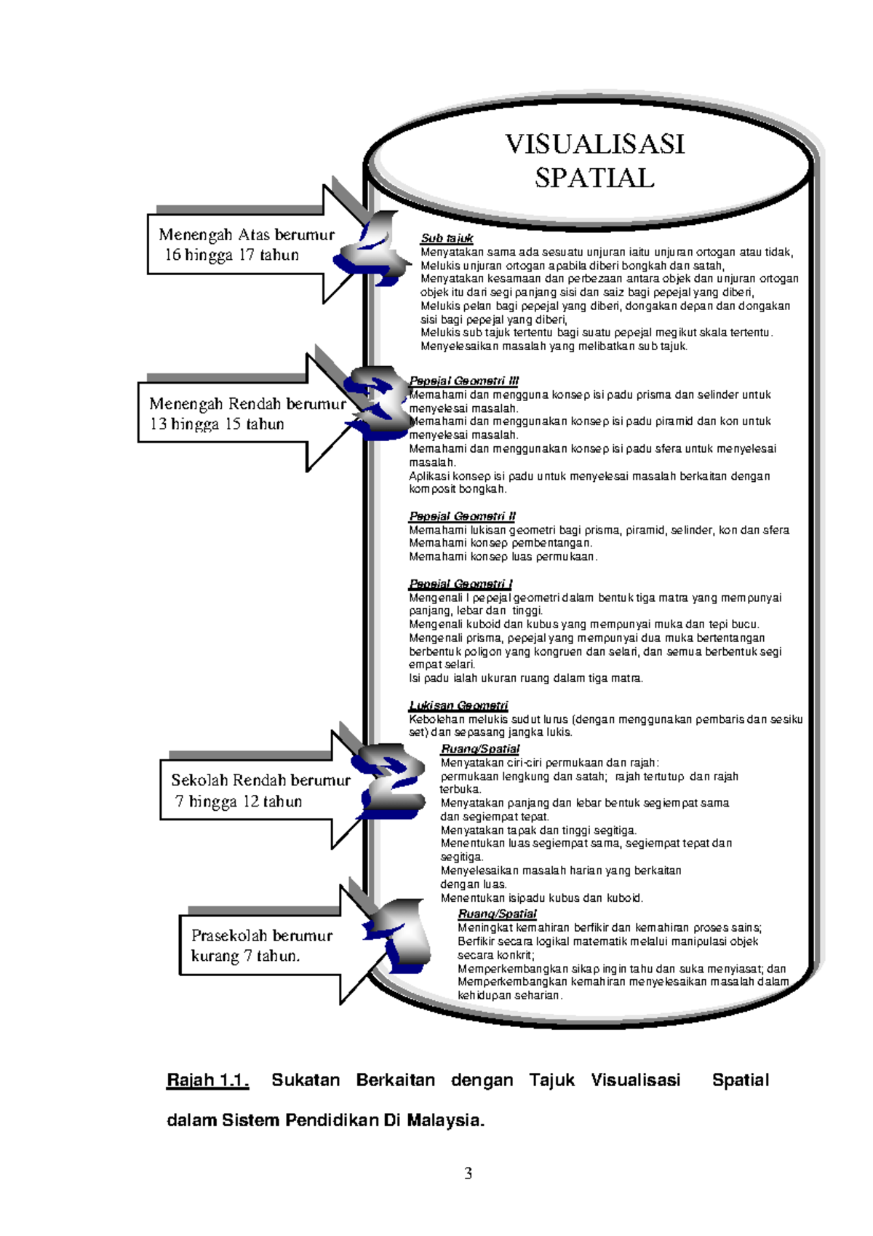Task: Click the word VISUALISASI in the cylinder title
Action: click(594, 144)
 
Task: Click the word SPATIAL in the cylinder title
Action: click(594, 178)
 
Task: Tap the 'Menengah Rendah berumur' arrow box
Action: click(240, 413)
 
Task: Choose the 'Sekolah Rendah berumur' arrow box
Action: click(255, 791)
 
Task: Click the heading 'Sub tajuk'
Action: click(447, 238)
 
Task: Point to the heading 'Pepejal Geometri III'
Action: click(463, 381)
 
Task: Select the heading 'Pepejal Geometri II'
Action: click(462, 516)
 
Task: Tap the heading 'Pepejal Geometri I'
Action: click(461, 584)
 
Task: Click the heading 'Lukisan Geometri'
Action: click(458, 705)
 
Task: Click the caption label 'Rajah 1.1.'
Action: click(207, 1080)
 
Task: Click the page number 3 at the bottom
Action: click(468, 1173)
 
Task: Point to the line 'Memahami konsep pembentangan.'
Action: click(501, 543)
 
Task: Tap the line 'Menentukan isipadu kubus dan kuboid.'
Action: click(541, 898)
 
